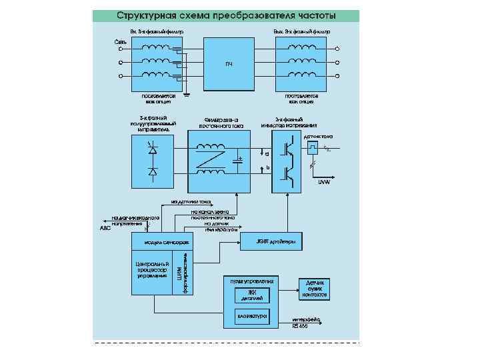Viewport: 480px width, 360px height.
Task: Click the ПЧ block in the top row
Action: coord(229,64)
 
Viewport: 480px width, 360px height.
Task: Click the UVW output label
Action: coord(324,181)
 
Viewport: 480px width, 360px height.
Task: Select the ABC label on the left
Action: coord(105,228)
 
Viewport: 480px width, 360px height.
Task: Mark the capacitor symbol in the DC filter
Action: coord(238,160)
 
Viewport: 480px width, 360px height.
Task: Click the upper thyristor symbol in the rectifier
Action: coord(153,151)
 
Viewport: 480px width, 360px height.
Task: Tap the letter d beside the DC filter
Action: coord(267,153)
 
